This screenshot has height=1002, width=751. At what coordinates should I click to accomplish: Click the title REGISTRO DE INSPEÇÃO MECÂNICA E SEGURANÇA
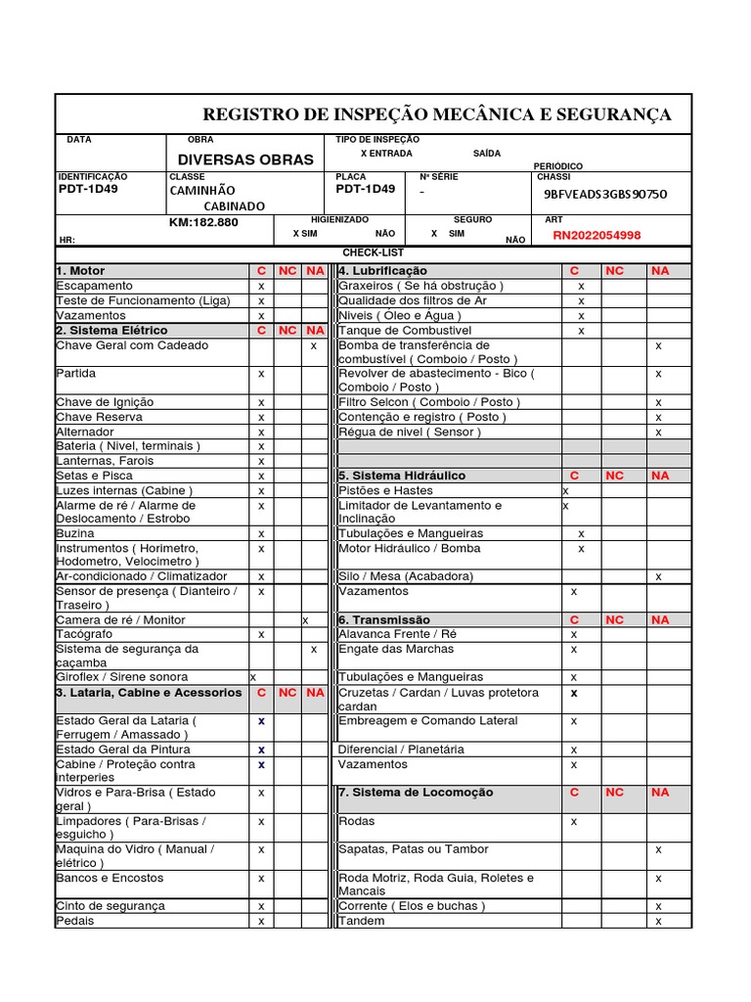[x=436, y=115]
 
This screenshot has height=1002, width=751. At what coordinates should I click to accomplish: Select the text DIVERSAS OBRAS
[x=245, y=159]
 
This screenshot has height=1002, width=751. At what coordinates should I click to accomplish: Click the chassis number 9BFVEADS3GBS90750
[x=605, y=194]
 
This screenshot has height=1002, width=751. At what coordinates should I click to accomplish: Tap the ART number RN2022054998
[x=596, y=235]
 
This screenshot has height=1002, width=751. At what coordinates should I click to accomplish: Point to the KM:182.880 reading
[x=203, y=222]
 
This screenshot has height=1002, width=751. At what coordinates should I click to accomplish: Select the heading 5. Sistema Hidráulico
[x=401, y=476]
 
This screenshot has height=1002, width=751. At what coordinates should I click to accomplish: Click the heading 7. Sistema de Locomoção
[x=416, y=793]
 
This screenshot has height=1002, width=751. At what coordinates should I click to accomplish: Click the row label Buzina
[x=75, y=533]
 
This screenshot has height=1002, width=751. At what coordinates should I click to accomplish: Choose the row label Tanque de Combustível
[x=405, y=331]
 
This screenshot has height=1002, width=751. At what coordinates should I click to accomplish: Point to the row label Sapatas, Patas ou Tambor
[x=413, y=849]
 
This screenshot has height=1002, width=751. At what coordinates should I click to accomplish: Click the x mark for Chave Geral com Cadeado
[x=314, y=345]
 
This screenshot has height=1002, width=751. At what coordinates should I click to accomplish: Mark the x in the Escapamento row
[x=261, y=286]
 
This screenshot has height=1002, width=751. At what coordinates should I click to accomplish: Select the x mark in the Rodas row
[x=574, y=822]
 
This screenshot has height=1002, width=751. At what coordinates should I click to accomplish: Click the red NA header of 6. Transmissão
[x=660, y=619]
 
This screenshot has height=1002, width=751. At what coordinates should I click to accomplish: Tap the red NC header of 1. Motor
[x=287, y=271]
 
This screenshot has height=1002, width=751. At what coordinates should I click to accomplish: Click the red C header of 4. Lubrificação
[x=575, y=271]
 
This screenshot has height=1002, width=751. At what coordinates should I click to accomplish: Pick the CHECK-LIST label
[x=373, y=252]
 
